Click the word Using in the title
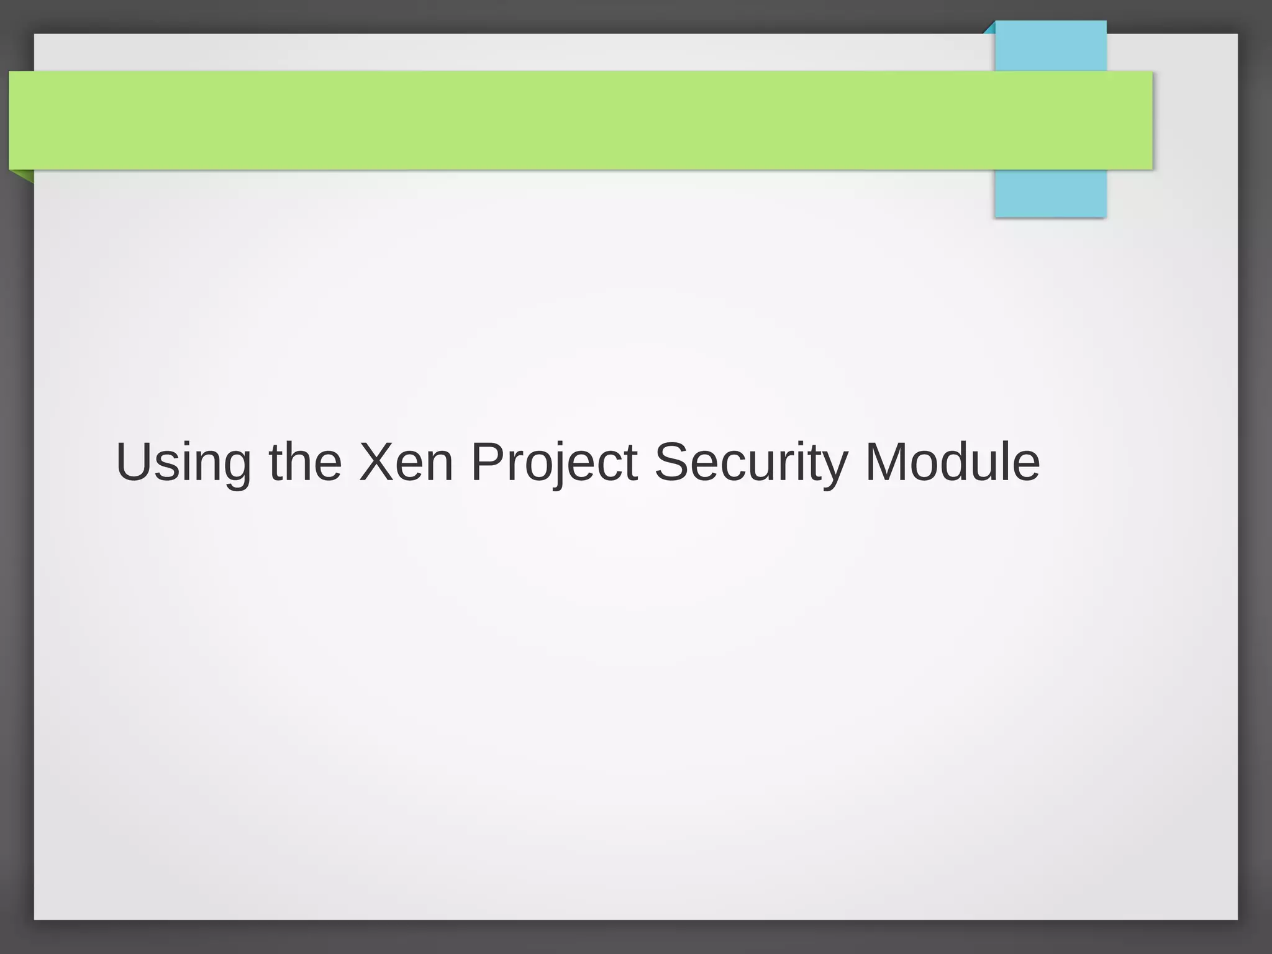tap(183, 463)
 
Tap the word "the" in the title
tap(305, 463)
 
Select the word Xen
tap(406, 463)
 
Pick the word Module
tap(952, 463)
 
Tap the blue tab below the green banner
tap(1050, 193)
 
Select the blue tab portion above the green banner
tap(1050, 46)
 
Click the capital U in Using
tap(132, 461)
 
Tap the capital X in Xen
tap(378, 461)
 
